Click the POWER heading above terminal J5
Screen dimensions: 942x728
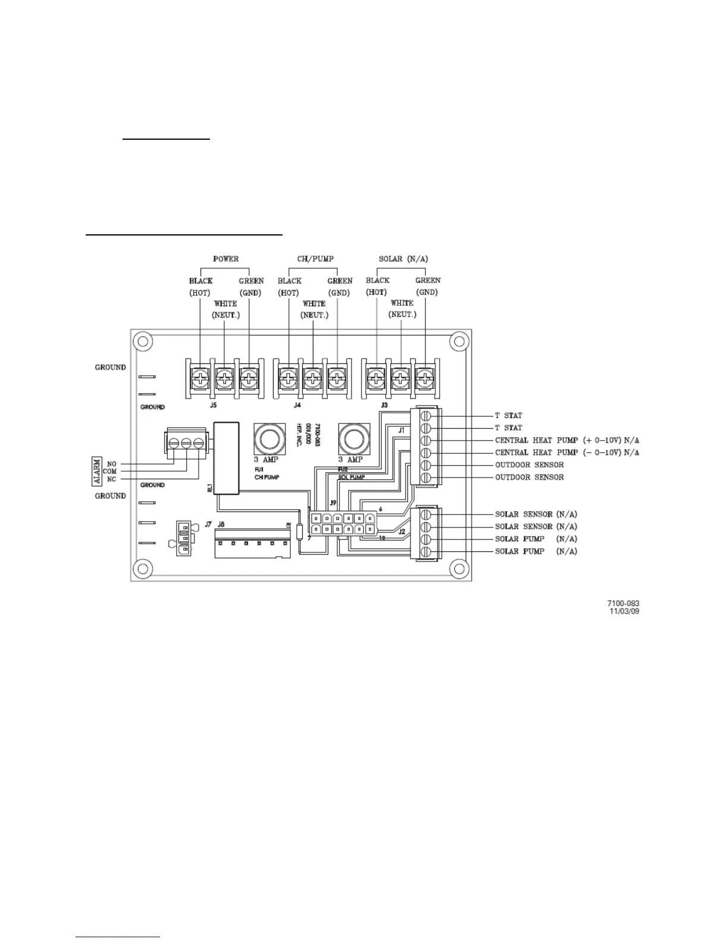pos(225,259)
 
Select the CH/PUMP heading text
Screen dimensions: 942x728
pos(315,259)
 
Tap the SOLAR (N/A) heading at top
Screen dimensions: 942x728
pos(403,259)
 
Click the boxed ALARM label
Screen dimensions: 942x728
pos(96,470)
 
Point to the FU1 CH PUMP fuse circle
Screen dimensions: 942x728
pos(267,439)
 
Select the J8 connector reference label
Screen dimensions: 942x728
pos(221,525)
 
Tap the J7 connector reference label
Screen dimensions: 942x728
pos(208,525)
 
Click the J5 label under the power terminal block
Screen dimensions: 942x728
pos(213,405)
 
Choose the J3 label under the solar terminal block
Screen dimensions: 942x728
pos(384,405)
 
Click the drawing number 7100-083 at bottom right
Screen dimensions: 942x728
pos(623,604)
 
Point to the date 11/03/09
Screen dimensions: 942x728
pos(625,611)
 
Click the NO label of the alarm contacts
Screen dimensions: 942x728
pos(112,463)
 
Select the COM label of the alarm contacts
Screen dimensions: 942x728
pos(110,471)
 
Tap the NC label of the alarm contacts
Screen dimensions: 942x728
pos(112,479)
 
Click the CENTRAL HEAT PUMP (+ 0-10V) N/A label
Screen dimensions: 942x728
pos(567,441)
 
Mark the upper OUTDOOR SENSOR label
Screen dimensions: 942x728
pos(529,465)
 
